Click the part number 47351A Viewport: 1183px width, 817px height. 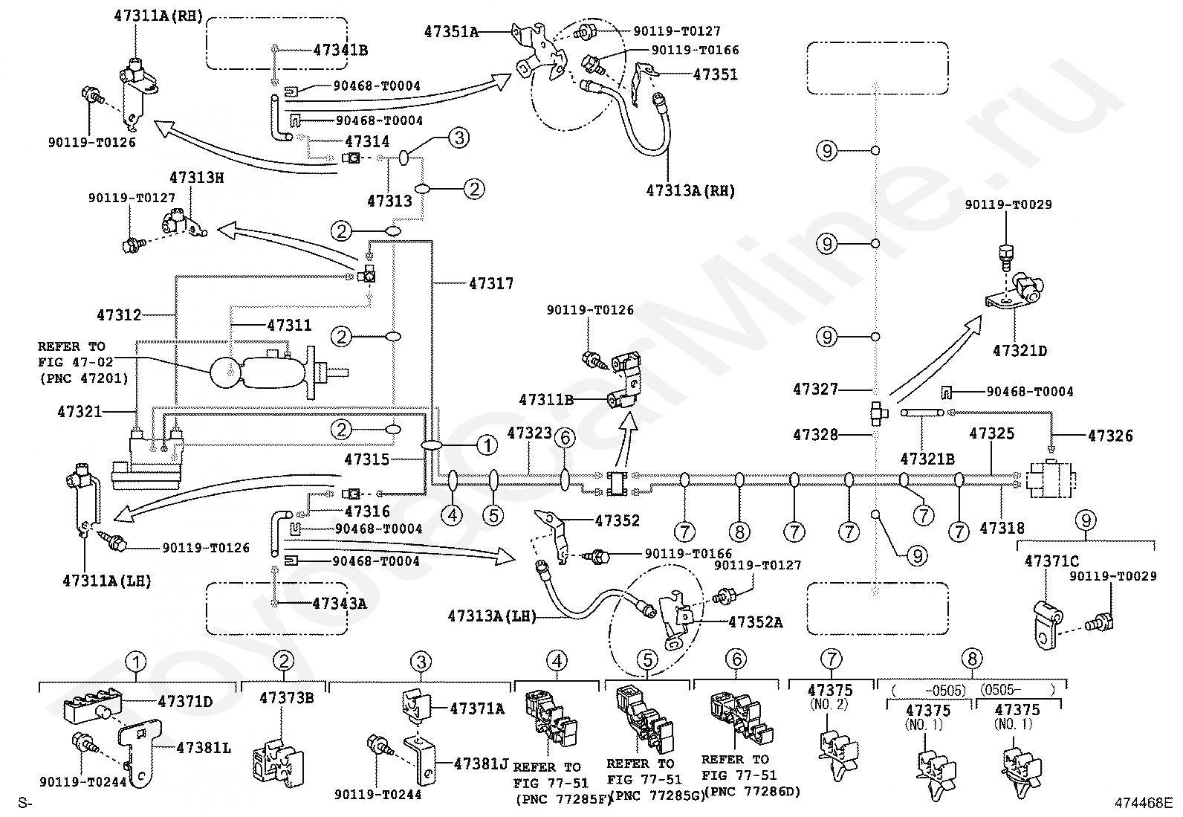pyautogui.click(x=451, y=32)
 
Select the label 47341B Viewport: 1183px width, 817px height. pyautogui.click(x=340, y=51)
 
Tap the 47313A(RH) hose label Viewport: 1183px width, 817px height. pyautogui.click(x=691, y=191)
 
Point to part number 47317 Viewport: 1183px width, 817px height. pyautogui.click(x=491, y=284)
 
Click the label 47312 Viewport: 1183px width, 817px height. pyautogui.click(x=119, y=315)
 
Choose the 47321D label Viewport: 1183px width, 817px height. pyautogui.click(x=1020, y=351)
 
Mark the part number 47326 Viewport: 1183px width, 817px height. pyautogui.click(x=1110, y=436)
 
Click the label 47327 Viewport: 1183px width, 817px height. pyautogui.click(x=815, y=390)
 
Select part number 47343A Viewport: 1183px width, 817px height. pyautogui.click(x=339, y=604)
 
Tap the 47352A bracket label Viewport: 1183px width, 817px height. pyautogui.click(x=755, y=622)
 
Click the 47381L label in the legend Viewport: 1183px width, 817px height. pyautogui.click(x=204, y=748)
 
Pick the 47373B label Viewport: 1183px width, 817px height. pyautogui.click(x=286, y=698)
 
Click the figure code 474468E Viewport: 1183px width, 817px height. pyautogui.click(x=1144, y=804)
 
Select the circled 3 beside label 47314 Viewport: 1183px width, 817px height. pyautogui.click(x=459, y=138)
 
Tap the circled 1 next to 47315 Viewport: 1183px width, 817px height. pyautogui.click(x=487, y=445)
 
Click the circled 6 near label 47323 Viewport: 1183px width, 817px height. pyautogui.click(x=565, y=438)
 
